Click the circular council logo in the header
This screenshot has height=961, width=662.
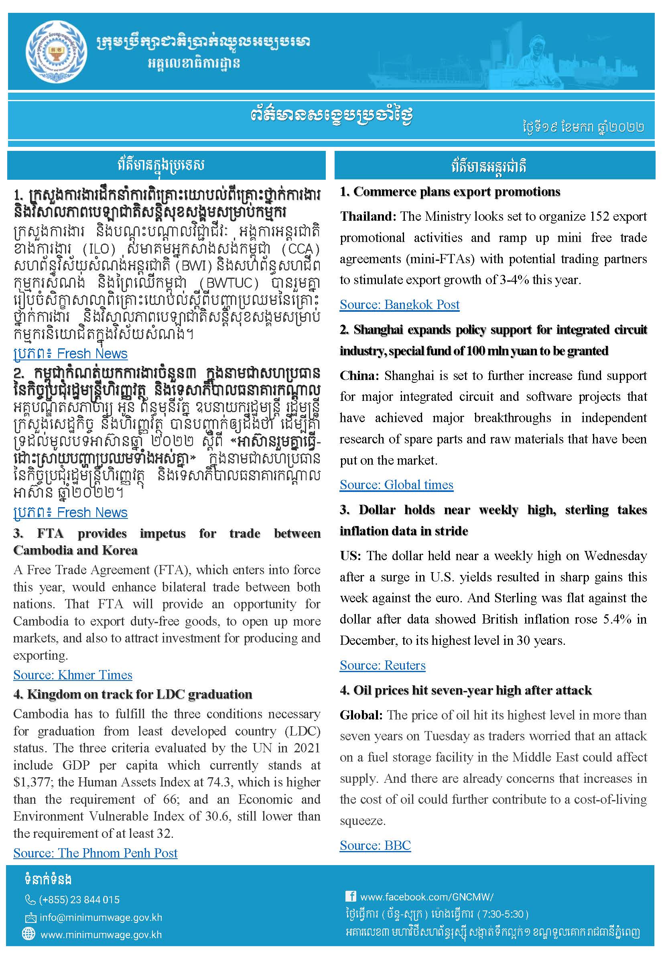pos(57,52)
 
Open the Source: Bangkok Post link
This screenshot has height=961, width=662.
pos(400,305)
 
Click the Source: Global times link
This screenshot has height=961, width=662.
pos(396,484)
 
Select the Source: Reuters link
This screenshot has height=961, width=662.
pos(382,665)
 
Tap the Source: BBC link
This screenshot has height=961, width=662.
pos(375,845)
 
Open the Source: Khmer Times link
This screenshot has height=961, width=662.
pos(73,675)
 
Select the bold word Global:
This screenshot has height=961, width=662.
pos(361,715)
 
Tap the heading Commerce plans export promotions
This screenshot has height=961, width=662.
pos(456,192)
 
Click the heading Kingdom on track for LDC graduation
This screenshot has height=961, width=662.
pos(139,694)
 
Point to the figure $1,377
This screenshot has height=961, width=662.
pos(33,782)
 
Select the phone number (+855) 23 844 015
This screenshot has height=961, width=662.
pos(79,900)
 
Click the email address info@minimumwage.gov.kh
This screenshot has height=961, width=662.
pos(101,917)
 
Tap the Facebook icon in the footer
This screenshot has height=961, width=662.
pos(351,896)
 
